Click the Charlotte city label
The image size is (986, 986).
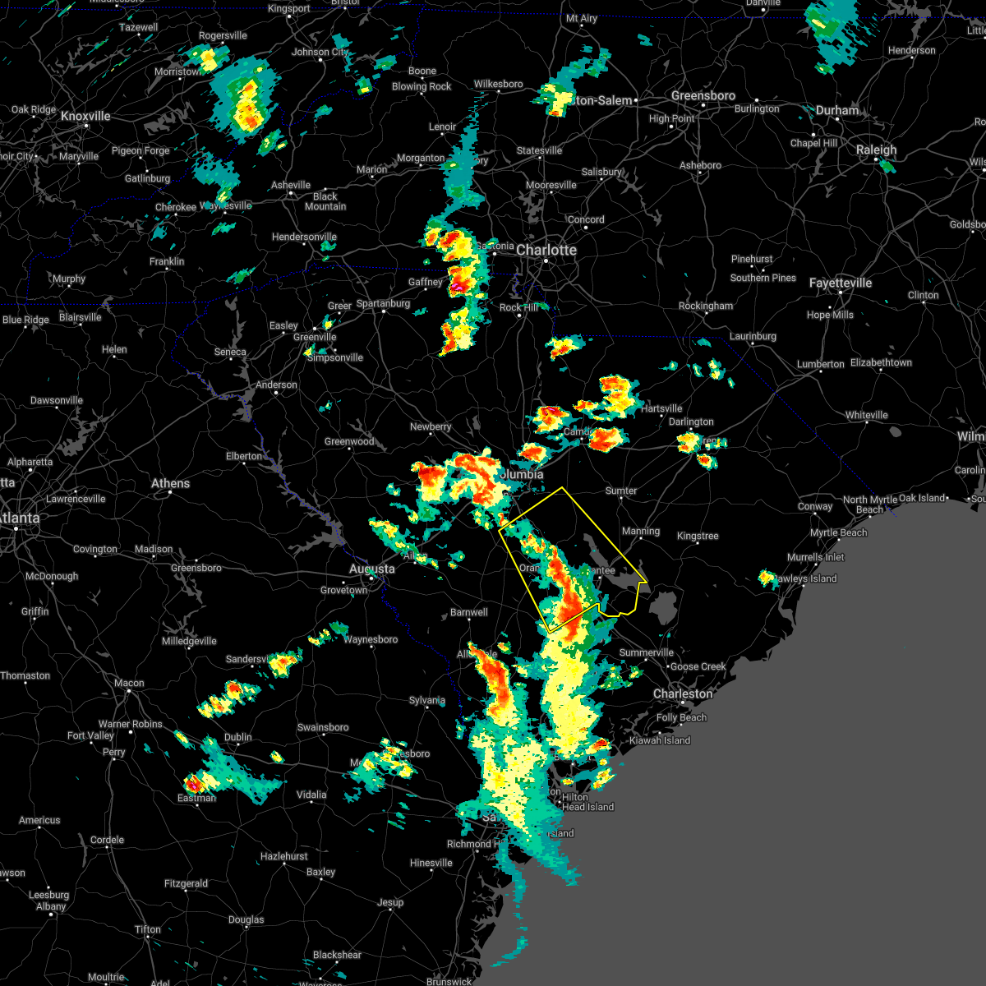(x=546, y=250)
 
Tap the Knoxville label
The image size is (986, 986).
(x=85, y=116)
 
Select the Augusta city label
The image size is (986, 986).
(x=371, y=569)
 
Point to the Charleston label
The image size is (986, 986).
(x=683, y=693)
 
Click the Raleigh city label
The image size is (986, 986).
(x=876, y=150)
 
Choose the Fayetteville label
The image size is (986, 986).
(x=840, y=283)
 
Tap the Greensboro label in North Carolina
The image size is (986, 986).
(x=703, y=95)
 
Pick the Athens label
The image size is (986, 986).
(x=170, y=483)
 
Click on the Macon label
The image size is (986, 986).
(x=129, y=683)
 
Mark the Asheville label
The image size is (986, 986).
(x=291, y=185)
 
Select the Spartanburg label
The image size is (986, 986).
(x=383, y=303)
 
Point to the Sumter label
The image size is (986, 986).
(x=621, y=491)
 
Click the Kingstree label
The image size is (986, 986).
(x=698, y=536)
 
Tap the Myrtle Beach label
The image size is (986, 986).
(x=838, y=532)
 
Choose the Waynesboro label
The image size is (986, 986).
(x=371, y=639)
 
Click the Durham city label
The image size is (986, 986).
(x=837, y=110)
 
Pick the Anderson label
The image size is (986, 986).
(x=276, y=385)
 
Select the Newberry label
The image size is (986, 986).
(x=431, y=426)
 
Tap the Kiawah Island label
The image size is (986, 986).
(x=660, y=740)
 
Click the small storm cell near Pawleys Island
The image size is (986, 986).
(x=767, y=578)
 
